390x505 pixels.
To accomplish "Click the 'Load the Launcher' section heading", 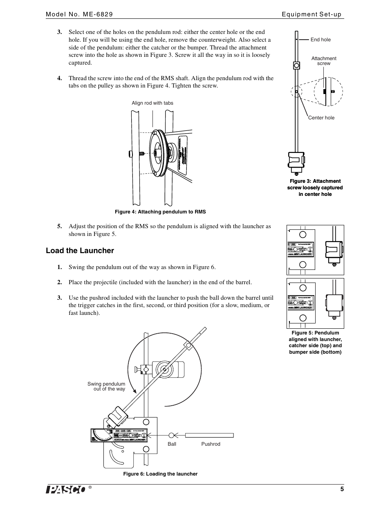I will tap(80, 251).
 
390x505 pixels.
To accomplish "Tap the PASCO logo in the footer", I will tap(66, 490).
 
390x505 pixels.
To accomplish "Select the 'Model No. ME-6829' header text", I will tap(79, 14).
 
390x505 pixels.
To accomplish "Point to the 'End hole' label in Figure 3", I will tap(321, 40).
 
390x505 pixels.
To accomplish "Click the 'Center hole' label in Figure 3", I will tap(321, 118).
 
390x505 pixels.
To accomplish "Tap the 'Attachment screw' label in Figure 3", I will tap(324, 61).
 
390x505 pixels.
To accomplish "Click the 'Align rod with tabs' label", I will tap(152, 103).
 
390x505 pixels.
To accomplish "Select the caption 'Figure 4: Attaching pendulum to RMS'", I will tap(160, 212).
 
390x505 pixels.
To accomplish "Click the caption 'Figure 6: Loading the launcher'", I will tap(160, 474).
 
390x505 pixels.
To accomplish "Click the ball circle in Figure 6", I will tap(172, 435).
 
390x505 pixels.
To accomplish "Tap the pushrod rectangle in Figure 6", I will tap(209, 435).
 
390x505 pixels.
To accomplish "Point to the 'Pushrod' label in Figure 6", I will tap(211, 444).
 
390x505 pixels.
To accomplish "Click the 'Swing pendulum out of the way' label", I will tap(106, 386).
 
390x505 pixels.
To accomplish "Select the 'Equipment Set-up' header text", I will tap(312, 14).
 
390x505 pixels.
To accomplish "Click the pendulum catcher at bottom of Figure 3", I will tap(296, 160).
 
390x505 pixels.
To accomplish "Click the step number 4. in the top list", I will tap(60, 78).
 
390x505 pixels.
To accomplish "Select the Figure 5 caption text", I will tap(315, 342).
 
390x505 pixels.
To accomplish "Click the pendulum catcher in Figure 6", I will tap(117, 417).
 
